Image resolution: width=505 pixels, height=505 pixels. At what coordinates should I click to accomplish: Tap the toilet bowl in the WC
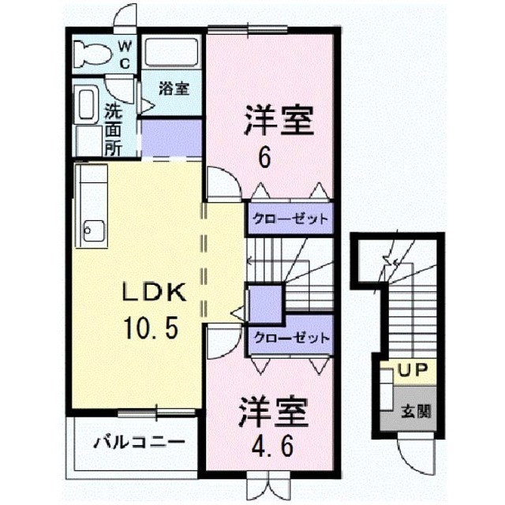tap(92, 54)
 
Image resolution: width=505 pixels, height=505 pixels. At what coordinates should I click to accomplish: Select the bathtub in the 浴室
tap(171, 52)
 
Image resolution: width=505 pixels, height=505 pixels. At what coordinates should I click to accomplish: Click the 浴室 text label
tap(174, 88)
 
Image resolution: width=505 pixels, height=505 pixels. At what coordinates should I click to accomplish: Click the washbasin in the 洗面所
tap(86, 105)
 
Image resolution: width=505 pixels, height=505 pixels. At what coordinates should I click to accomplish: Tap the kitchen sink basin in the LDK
tap(94, 230)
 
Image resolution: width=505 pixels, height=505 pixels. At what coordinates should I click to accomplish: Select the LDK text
tap(154, 292)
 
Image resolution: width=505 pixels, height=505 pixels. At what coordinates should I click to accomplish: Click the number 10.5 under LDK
tap(151, 327)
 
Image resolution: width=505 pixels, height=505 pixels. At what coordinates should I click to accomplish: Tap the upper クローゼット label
tap(290, 219)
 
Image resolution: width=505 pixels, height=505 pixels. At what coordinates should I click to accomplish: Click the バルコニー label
tap(139, 442)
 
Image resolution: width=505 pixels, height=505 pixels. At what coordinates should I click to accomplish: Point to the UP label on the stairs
tap(413, 370)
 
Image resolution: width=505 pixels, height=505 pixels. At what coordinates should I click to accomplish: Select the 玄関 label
tap(416, 411)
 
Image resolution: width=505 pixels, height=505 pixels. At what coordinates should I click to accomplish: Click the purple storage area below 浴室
tap(172, 138)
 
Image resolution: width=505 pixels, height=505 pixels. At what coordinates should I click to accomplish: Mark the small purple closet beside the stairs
tap(266, 303)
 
